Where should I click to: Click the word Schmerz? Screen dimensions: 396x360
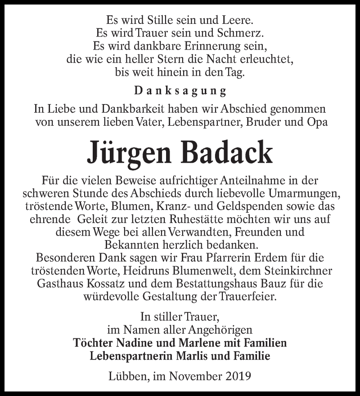click(x=242, y=33)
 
